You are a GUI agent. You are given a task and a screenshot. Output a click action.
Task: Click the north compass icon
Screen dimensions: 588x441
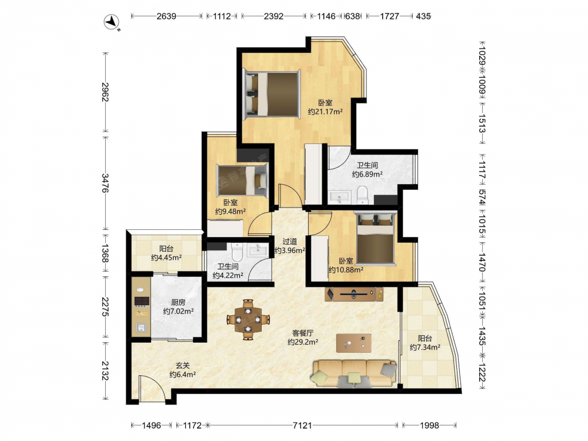pyautogui.click(x=111, y=22)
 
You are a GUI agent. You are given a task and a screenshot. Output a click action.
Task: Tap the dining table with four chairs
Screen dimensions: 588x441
pyautogui.click(x=248, y=319)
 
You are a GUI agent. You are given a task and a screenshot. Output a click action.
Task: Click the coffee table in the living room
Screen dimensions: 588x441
pyautogui.click(x=354, y=343)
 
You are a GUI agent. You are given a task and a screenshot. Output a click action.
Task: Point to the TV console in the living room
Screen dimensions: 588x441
pyautogui.click(x=355, y=295)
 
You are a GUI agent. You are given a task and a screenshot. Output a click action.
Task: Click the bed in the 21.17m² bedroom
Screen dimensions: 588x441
pyautogui.click(x=272, y=93)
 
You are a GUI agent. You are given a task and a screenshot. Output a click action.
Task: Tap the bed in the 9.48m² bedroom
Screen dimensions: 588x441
pyautogui.click(x=243, y=181)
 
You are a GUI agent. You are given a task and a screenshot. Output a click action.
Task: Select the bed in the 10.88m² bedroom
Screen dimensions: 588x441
pyautogui.click(x=375, y=239)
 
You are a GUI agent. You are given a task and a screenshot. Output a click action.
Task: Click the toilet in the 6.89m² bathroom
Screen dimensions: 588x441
pyautogui.click(x=363, y=195)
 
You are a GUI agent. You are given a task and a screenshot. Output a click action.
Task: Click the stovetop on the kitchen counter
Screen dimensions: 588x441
pyautogui.click(x=142, y=300)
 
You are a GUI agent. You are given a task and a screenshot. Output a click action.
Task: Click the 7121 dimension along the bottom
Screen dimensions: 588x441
pyautogui.click(x=302, y=425)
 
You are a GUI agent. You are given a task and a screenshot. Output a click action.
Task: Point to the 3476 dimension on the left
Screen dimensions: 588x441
pyautogui.click(x=105, y=183)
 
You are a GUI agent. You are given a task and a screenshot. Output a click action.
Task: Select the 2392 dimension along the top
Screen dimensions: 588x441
pyautogui.click(x=274, y=16)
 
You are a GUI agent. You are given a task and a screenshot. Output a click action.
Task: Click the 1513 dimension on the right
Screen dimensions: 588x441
pyautogui.click(x=482, y=123)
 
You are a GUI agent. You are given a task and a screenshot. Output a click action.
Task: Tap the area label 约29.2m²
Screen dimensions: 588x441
pyautogui.click(x=303, y=342)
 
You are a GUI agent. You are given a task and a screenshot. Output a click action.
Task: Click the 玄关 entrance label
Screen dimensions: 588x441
pyautogui.click(x=183, y=365)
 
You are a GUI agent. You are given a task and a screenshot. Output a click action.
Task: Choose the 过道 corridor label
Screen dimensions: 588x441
pyautogui.click(x=289, y=242)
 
